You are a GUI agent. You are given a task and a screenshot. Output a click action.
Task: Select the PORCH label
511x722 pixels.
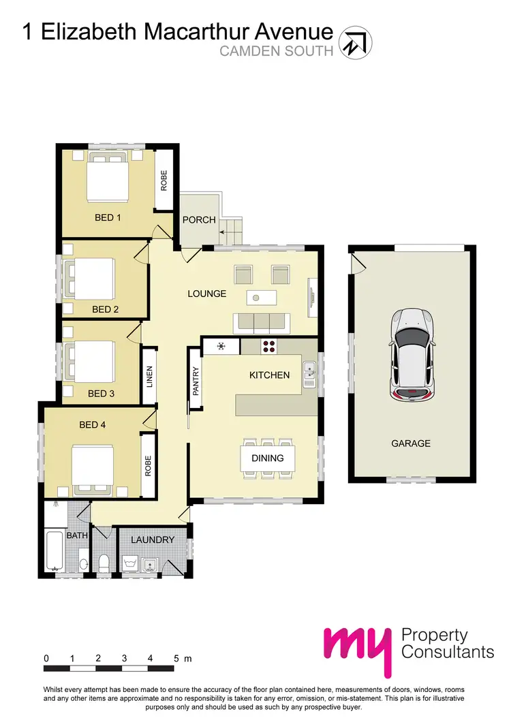(x=199, y=220)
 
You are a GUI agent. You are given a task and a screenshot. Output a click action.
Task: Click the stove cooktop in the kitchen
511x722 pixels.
(x=269, y=346)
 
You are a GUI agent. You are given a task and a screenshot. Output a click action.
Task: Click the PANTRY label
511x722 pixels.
(x=196, y=381)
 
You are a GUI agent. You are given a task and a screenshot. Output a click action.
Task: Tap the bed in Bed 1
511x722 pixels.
(x=106, y=178)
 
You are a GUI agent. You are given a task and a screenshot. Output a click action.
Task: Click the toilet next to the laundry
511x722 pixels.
(x=104, y=563)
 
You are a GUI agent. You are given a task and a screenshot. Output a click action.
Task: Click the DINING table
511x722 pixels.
(x=267, y=458)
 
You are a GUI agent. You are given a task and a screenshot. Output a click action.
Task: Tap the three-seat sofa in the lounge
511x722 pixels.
(x=261, y=322)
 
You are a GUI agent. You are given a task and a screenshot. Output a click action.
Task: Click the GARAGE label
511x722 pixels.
(x=410, y=443)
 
